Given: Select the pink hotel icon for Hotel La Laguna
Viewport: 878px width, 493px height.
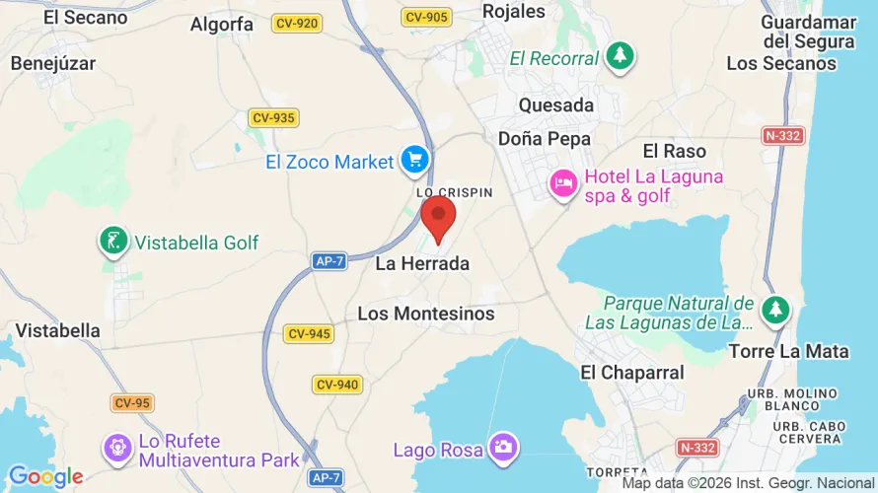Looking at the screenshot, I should point(564,184).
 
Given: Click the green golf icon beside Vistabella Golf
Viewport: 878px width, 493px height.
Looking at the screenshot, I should point(114,242).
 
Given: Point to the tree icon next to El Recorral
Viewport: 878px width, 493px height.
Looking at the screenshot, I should point(620,56).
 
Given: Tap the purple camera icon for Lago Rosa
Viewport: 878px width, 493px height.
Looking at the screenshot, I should point(503,448).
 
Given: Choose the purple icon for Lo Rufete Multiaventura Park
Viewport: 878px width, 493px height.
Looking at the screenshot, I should point(117,450).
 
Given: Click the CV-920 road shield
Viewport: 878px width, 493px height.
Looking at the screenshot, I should point(297,23).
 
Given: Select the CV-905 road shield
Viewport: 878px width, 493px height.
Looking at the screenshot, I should point(426,17).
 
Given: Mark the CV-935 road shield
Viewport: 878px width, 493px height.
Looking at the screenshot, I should point(273,117).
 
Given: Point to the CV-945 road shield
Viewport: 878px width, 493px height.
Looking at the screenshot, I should point(309,334).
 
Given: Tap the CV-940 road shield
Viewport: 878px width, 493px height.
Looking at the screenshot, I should point(337,384).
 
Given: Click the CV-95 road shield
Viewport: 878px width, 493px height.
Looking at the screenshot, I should point(131,402).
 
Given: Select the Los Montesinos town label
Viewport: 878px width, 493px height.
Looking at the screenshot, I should point(426,314).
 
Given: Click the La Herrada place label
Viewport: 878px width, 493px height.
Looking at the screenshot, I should point(422,264).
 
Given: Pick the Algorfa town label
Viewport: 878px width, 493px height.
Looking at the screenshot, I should point(221,25).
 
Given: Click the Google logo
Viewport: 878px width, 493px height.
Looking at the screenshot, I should point(45,477).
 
